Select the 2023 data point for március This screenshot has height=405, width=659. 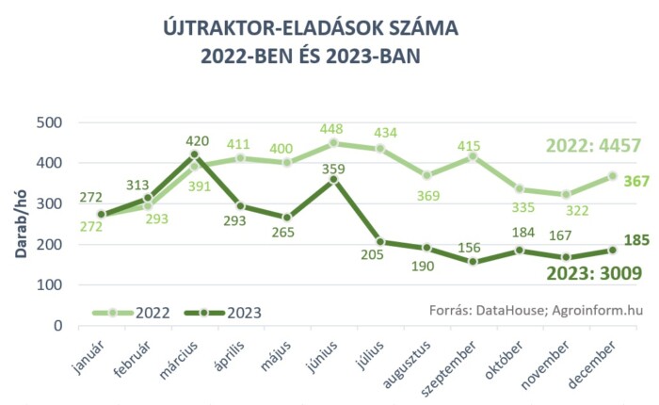(195, 154)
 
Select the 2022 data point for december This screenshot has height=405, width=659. (612, 176)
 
